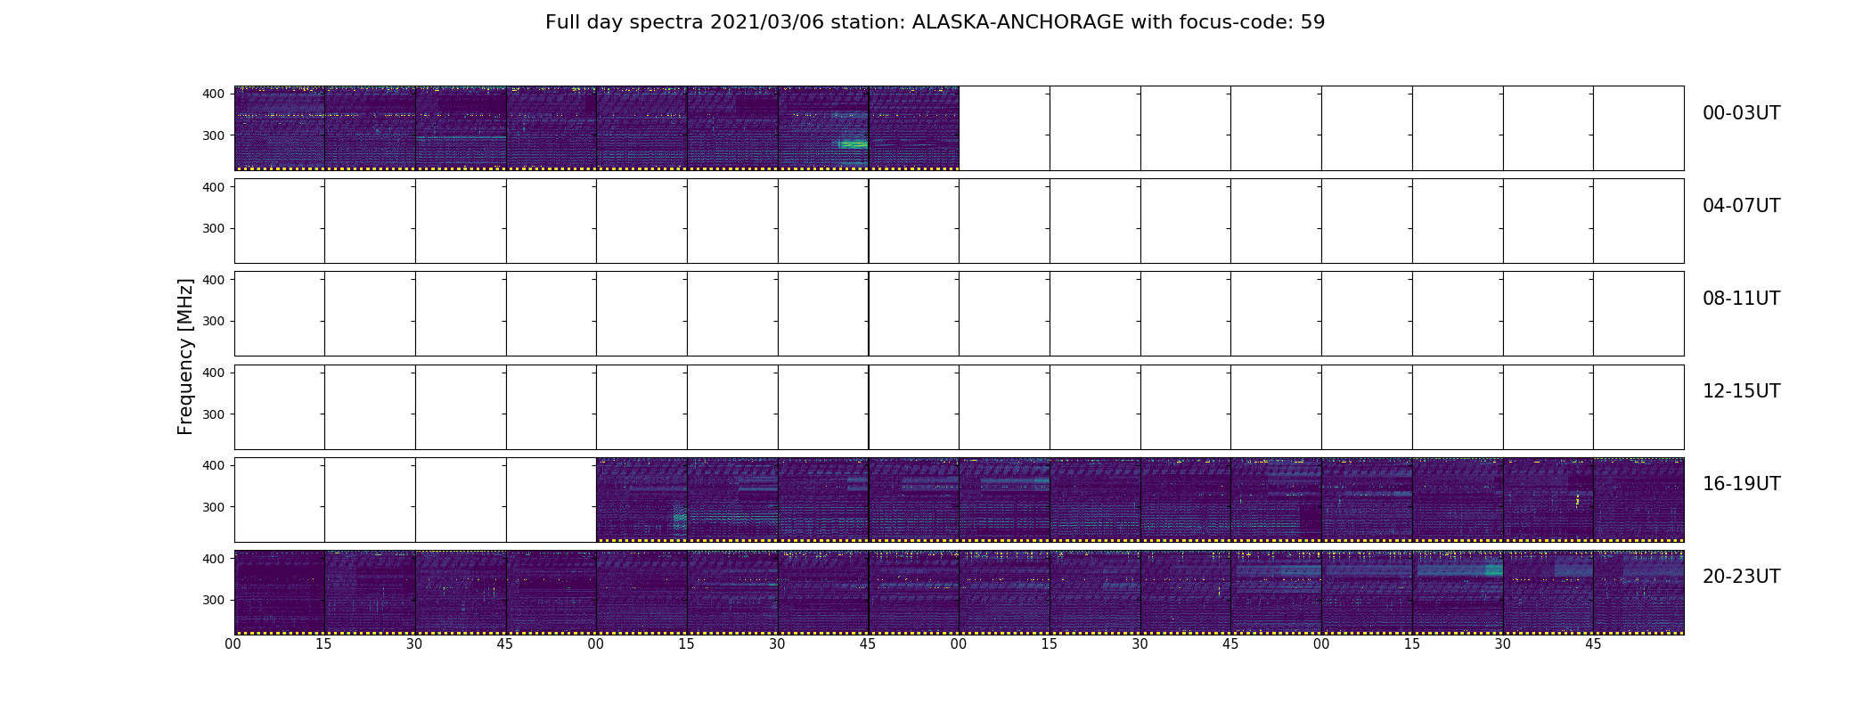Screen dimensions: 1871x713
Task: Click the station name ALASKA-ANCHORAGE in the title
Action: click(1017, 22)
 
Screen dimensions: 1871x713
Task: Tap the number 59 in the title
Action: click(1313, 22)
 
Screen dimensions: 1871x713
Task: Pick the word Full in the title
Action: click(566, 22)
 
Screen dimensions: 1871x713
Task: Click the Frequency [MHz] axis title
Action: click(185, 356)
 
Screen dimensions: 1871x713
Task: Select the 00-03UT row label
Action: click(1741, 113)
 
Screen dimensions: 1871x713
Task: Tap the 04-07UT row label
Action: click(1741, 206)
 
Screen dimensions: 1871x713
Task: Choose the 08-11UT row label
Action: click(1741, 299)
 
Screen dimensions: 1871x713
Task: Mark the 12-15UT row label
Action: click(1741, 391)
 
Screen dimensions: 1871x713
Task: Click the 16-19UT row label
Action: click(1741, 484)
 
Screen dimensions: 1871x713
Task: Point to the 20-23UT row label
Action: click(1741, 577)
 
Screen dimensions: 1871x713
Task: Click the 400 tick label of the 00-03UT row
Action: click(214, 94)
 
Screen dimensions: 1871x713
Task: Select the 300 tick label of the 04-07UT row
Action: click(214, 228)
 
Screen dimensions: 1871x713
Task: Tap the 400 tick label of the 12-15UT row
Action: click(214, 373)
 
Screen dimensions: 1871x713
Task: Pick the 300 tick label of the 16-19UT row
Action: click(214, 507)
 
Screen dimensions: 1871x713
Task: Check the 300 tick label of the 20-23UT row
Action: click(214, 600)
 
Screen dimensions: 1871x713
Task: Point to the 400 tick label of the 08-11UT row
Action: click(214, 280)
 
